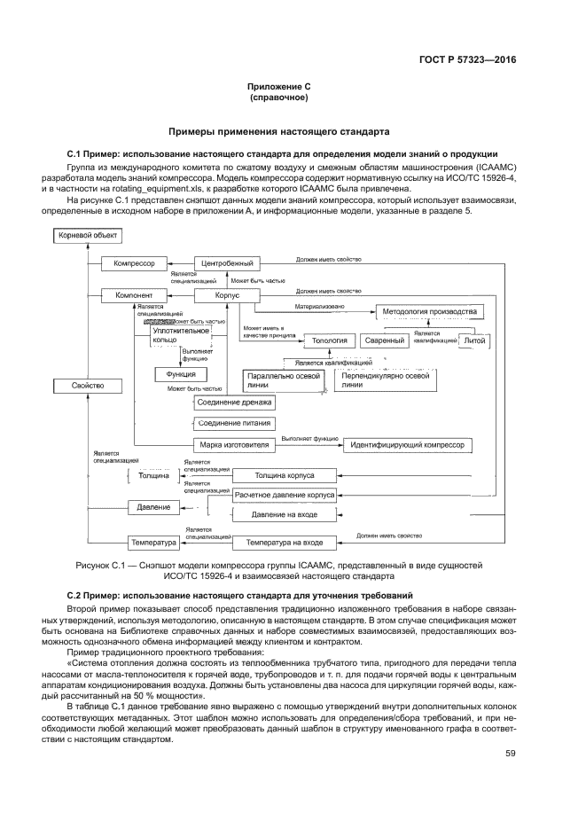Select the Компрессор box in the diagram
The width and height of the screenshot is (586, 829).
coord(134,263)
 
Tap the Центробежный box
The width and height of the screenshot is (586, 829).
coord(228,263)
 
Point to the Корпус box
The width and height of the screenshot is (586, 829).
coord(228,294)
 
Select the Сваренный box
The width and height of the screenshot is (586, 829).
coord(385,340)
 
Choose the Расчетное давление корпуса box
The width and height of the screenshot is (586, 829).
coord(283,496)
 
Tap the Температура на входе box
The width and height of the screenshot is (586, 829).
coord(283,541)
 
